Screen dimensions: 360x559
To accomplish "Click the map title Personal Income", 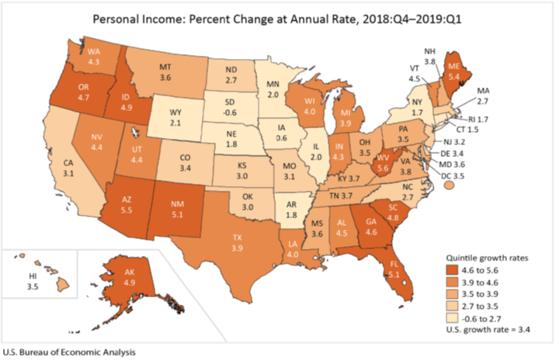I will (x=279, y=16).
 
